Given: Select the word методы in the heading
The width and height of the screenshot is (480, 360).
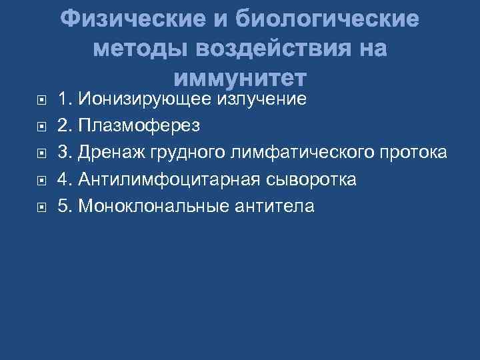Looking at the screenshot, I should point(141,49).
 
